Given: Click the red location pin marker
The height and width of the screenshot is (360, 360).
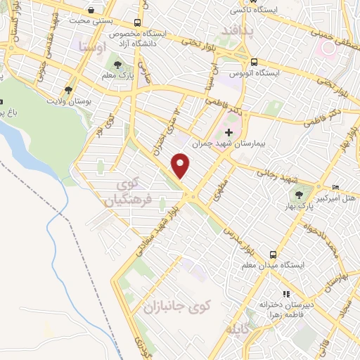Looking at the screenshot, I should (181, 167).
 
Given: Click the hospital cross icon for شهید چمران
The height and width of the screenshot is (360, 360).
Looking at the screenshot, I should (229, 131).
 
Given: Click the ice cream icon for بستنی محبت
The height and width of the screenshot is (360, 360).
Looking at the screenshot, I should (93, 11).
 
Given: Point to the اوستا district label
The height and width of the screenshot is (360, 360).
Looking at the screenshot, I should (94, 48).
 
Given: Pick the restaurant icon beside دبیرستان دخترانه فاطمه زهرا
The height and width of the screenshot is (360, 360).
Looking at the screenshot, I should (285, 294).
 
